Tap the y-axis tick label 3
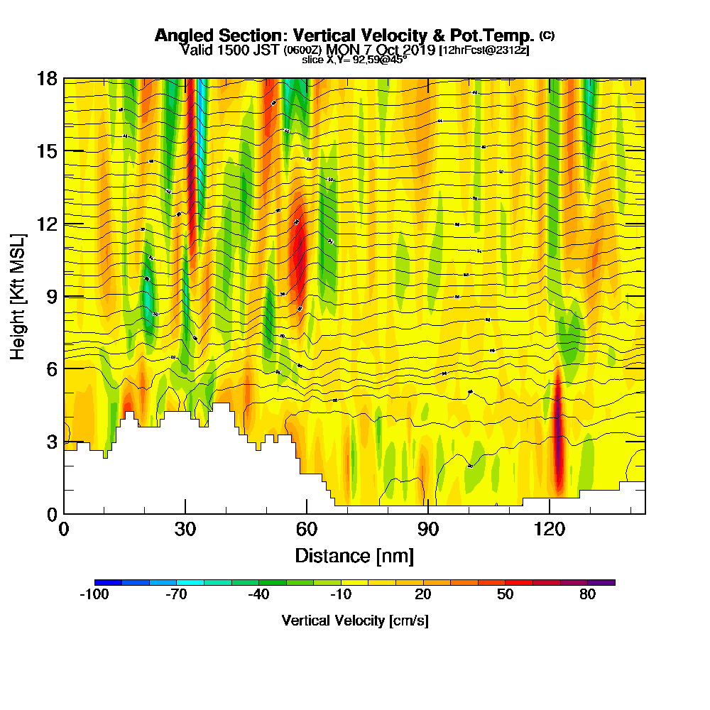(x=51, y=441)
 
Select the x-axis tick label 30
(x=185, y=530)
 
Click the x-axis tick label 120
(x=550, y=530)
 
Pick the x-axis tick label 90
(x=428, y=530)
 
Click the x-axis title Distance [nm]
(x=354, y=555)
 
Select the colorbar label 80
(x=587, y=595)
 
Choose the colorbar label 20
(x=423, y=595)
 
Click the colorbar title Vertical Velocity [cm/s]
(x=354, y=621)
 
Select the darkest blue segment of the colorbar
(x=108, y=582)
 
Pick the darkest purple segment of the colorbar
(x=601, y=582)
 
